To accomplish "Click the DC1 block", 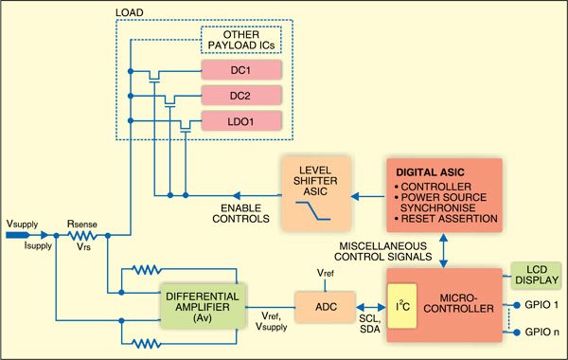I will (x=242, y=71).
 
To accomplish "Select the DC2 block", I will (x=242, y=96).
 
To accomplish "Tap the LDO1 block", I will (x=242, y=121).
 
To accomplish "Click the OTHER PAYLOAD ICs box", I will (x=242, y=41).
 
